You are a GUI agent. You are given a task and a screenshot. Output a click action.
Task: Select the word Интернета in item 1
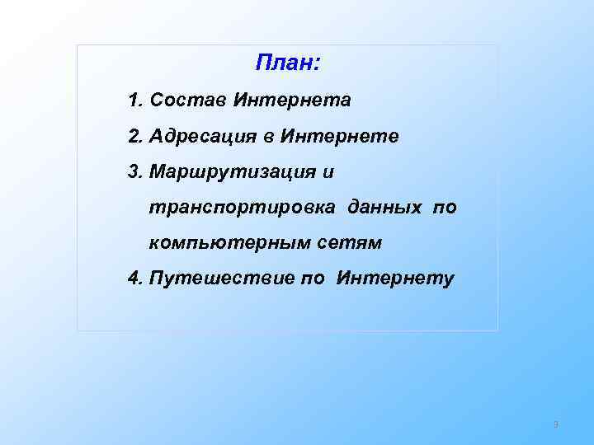pos(293,101)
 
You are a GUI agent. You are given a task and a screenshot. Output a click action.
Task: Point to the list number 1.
pos(134,101)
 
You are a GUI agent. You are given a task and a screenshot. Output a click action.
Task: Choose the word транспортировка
pos(242,208)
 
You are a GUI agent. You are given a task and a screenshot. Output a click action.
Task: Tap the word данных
pos(385,208)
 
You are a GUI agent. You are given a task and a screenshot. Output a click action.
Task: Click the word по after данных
pos(444,208)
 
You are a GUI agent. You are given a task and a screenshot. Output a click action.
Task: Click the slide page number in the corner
pos(556,425)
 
